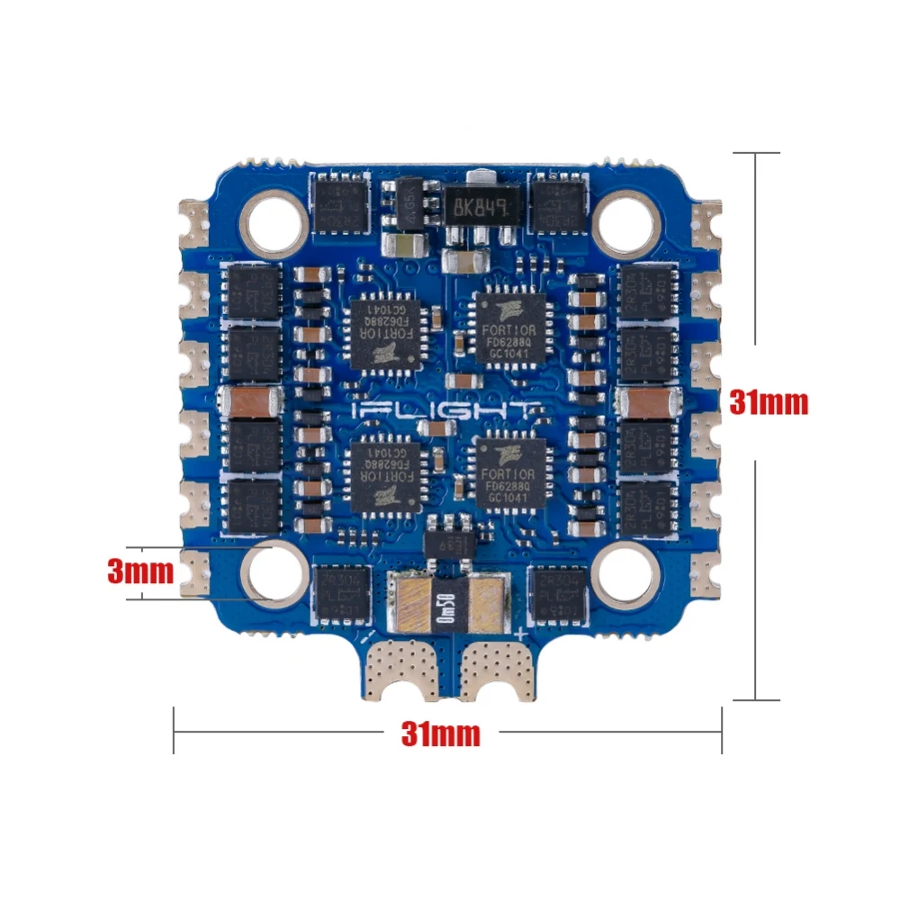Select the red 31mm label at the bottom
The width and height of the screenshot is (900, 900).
pos(440,733)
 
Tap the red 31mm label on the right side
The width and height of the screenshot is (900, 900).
pos(769,402)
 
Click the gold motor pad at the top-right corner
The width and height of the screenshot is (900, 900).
pos(706,220)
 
